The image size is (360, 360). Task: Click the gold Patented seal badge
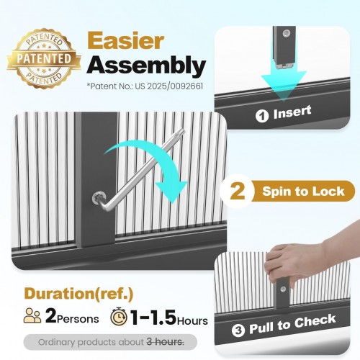coord(44,58)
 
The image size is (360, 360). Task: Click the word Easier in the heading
coord(125,41)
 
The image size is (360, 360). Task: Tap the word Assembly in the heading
coord(146,66)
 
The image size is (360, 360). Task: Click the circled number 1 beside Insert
coord(262,116)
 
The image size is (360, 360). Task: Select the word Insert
coord(292,112)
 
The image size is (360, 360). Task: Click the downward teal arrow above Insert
coord(284,81)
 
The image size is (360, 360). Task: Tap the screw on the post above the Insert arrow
coord(286,33)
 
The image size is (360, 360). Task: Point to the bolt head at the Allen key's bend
coord(99,199)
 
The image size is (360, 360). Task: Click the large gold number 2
coord(238,191)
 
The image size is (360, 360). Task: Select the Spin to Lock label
coord(303,192)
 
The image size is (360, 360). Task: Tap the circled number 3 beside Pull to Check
coord(238,330)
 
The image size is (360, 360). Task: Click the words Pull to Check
coord(292,324)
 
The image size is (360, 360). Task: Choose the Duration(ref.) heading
coord(78,294)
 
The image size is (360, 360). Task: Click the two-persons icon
coord(32,316)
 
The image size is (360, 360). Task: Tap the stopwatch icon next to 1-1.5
coord(119,316)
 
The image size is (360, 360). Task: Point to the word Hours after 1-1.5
coord(192,320)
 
